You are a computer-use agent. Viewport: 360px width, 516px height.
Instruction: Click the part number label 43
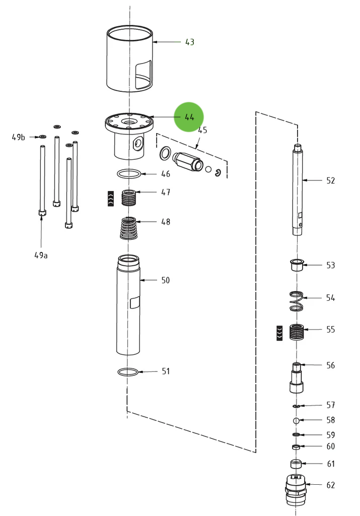189,42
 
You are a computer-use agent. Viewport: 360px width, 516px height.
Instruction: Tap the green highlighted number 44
189,117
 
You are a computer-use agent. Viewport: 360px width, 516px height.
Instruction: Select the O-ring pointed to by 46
129,174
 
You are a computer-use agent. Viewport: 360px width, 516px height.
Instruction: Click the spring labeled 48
129,228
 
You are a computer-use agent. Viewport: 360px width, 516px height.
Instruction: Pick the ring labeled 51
128,372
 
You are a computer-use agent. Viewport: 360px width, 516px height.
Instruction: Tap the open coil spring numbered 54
297,301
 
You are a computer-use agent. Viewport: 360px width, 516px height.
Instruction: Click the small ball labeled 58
297,420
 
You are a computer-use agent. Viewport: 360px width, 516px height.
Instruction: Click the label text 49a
41,255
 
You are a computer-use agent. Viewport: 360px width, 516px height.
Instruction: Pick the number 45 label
202,131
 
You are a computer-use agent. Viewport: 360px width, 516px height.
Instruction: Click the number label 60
330,446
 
